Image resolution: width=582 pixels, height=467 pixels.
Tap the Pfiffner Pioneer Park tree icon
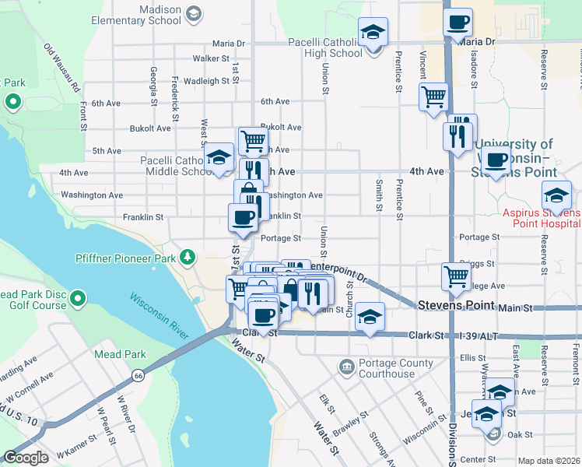tap(187, 257)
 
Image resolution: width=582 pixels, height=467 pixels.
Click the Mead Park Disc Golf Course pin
tap(78, 298)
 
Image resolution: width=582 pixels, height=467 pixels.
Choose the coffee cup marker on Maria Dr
tap(458, 21)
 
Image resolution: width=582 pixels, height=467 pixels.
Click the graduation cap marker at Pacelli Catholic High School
tap(374, 33)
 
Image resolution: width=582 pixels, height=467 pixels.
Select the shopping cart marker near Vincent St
tap(433, 97)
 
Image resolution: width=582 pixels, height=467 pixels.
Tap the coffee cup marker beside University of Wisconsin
tap(496, 161)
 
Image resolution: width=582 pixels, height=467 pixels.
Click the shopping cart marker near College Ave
tap(455, 276)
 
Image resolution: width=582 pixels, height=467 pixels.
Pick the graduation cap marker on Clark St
tap(370, 316)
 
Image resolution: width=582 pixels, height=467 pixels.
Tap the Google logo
tap(26, 458)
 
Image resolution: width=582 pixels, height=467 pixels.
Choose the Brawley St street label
tap(351, 421)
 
